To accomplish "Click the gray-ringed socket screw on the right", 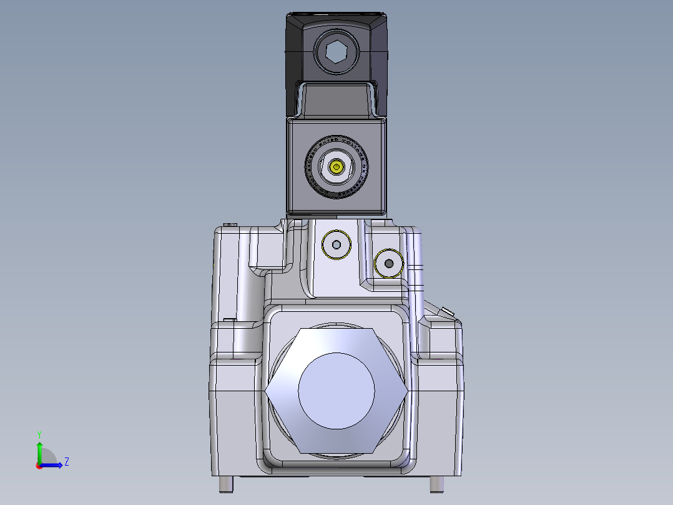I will [x=389, y=264].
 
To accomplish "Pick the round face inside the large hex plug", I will [x=336, y=391].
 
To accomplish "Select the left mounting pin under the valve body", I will [x=226, y=484].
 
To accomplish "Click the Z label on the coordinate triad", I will [x=66, y=462].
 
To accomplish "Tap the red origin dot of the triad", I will [x=39, y=466].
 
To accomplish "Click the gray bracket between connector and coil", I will [x=336, y=100].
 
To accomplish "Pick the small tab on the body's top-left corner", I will [x=232, y=224].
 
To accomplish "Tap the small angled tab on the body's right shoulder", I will [x=447, y=311].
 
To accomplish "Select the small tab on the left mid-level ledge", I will [x=229, y=319].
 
